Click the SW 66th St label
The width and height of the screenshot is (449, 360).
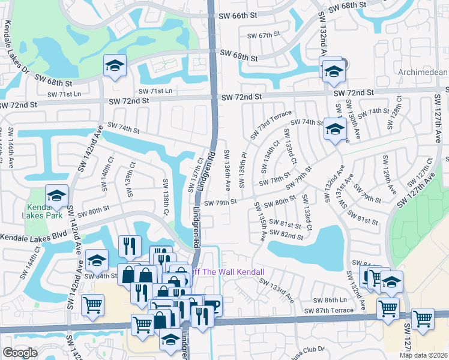239,17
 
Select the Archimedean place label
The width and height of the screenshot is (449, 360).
415,72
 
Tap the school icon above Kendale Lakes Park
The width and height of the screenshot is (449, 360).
57,195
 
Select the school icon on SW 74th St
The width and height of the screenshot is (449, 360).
334,129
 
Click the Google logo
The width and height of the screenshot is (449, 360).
20,353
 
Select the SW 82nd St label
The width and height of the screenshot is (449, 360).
287,235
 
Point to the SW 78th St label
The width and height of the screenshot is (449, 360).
271,181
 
